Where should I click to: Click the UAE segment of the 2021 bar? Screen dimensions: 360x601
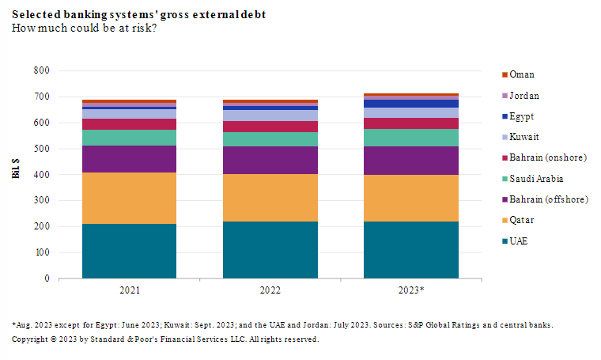(129, 251)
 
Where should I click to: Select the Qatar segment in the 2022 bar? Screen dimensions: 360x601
(270, 198)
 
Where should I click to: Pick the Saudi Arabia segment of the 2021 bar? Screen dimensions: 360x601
(129, 138)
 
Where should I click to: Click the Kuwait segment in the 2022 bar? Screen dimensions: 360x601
(270, 116)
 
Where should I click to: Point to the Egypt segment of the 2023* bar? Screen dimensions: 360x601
(410, 104)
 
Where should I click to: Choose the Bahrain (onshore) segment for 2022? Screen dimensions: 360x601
(270, 127)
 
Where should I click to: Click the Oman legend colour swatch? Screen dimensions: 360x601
(504, 75)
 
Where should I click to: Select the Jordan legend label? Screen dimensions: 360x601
(524, 96)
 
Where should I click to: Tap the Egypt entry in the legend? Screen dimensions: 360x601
(522, 116)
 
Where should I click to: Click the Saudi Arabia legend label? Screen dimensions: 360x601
(535, 178)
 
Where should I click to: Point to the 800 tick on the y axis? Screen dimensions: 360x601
(42, 70)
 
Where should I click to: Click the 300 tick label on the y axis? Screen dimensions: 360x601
(42, 200)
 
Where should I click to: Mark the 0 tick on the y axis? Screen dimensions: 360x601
(47, 279)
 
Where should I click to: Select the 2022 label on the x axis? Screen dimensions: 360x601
(270, 290)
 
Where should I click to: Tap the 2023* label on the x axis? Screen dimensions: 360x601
(410, 290)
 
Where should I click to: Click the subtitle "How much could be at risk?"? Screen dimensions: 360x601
(84, 29)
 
